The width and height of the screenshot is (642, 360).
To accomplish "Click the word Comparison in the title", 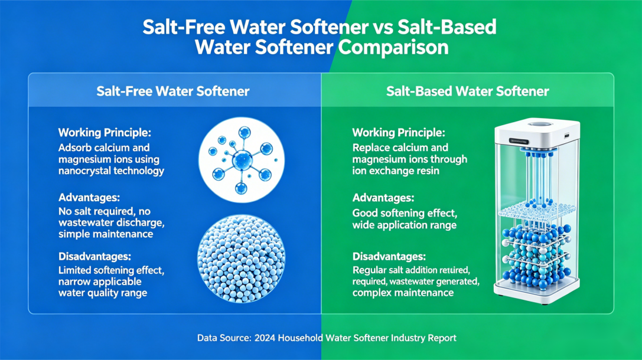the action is pos(393,47).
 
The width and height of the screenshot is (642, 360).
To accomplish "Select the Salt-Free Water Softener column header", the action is pos(173,91).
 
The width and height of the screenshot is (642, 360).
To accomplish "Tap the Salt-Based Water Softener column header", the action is pos(468,91).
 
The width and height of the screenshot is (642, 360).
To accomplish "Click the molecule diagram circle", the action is pos(242,160).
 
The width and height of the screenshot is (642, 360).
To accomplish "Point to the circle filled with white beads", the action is pos(242,258).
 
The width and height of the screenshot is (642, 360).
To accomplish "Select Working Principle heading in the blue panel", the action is pos(105,133).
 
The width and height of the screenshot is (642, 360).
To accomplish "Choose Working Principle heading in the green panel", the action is pos(399,133).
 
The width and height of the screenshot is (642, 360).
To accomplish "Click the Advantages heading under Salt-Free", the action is pos(89,198).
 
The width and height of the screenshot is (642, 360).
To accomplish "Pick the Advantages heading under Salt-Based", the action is pos(383,198).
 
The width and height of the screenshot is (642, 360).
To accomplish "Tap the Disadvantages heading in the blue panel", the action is pos(94,257).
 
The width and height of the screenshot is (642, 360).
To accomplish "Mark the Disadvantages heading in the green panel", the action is pos(389,257).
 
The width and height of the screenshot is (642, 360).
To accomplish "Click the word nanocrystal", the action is pos(83,171).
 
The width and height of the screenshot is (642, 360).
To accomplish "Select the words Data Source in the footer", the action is pos(224,338).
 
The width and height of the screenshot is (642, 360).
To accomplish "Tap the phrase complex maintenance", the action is pos(403,293).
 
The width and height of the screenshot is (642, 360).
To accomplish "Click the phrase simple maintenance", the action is pos(106,234).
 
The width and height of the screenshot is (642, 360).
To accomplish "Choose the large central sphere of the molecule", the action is pos(242,159).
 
